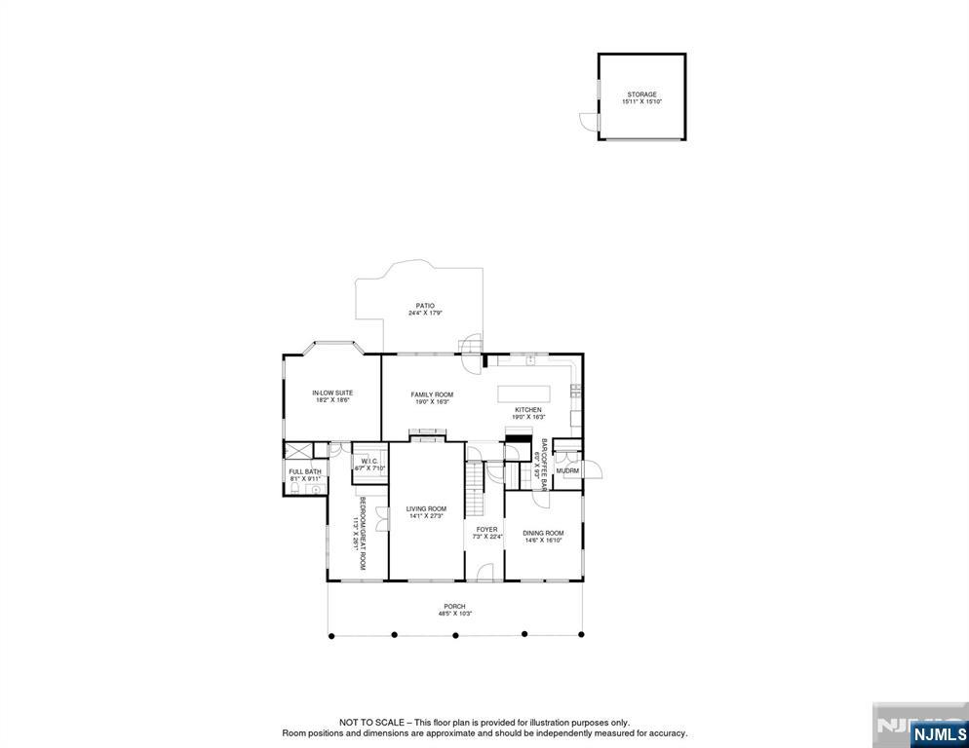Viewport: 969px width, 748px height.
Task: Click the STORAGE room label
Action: [641, 94]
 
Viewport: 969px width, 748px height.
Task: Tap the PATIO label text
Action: [424, 306]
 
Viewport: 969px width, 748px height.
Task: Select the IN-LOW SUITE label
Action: [331, 393]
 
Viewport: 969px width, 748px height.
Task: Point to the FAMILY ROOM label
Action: [432, 394]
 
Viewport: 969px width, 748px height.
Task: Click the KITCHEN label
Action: [528, 410]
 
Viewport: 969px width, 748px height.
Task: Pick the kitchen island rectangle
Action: [523, 393]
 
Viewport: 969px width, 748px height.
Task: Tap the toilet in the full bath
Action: [316, 490]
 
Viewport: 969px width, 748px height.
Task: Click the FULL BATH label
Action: [305, 471]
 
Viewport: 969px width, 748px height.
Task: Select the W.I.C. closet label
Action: [369, 461]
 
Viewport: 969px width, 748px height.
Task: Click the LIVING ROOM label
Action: [426, 508]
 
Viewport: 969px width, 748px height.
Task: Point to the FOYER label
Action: [486, 529]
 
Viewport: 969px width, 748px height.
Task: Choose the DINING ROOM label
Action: [543, 533]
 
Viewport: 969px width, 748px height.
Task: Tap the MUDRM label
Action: [567, 471]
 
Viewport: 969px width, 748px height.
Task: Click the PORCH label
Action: [455, 607]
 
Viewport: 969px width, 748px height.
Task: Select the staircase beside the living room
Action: [475, 491]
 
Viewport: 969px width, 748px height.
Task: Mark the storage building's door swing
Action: [587, 121]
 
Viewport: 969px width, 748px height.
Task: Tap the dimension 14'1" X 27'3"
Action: [426, 516]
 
